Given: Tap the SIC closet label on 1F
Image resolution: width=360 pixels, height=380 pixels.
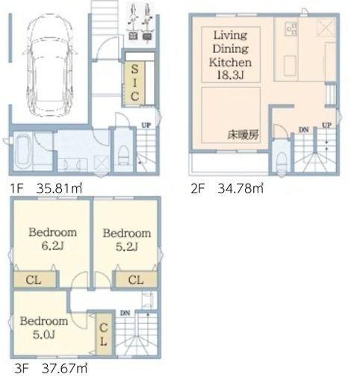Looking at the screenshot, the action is coord(134,83).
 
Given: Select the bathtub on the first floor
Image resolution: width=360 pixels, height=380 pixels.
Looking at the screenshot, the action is coord(22,151).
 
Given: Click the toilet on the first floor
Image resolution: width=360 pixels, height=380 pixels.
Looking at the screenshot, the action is coord(123,155).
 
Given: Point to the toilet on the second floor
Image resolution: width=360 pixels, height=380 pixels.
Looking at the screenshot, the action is coord(282,162).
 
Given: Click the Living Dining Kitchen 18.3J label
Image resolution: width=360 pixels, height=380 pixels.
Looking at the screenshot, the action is coord(230,54).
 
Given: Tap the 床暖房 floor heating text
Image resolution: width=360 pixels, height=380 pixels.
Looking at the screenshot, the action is coord(243,134).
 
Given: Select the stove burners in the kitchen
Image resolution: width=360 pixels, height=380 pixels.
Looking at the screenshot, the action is coord(291,29).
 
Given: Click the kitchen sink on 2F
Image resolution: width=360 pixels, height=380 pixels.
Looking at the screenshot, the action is coord(290,66).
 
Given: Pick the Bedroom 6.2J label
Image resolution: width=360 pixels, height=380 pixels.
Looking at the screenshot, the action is coord(53,239).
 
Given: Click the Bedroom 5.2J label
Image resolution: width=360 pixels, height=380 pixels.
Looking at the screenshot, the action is coord(127,240).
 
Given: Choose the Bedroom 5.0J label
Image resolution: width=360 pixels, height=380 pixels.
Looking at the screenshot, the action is coord(44,328).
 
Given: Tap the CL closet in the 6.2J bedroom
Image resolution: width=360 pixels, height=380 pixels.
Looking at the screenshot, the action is coord(34,280).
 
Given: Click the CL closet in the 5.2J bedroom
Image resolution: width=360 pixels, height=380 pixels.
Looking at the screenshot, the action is coord(137,280).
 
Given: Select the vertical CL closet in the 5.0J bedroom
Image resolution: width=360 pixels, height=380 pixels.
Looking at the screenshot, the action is coord(104,334).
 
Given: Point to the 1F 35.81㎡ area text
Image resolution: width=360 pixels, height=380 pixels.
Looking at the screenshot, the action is coord(46,188).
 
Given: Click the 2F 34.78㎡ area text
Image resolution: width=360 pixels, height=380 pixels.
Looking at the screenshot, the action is coord(227,188).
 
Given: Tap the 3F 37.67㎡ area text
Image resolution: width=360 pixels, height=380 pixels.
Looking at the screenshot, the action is coord(51,368).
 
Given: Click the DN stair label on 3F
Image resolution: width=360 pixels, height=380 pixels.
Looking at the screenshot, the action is coord(125,313).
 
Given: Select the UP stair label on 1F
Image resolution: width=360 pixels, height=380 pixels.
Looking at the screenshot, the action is coord(146,125).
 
